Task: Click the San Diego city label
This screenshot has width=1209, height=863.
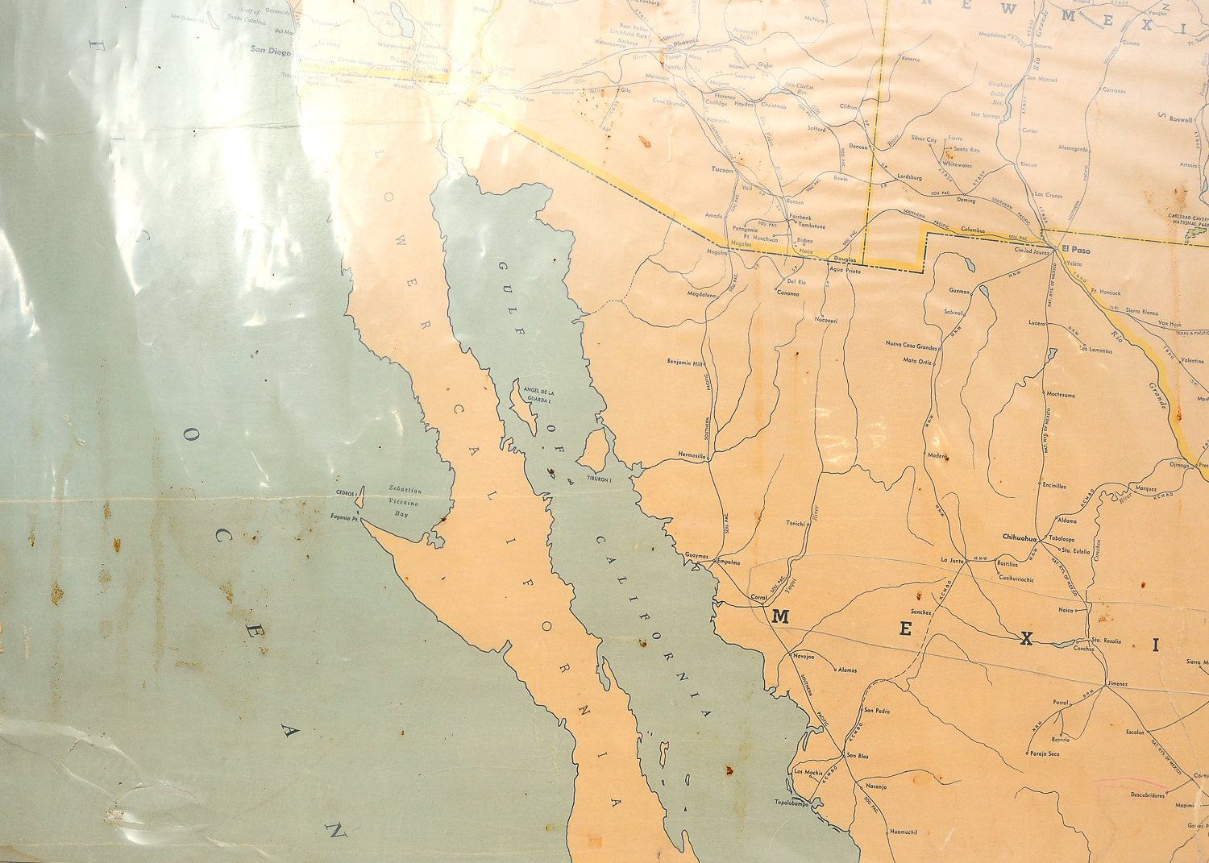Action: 269,50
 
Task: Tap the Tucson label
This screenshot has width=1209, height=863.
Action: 722,170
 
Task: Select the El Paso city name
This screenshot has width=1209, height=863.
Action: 1075,250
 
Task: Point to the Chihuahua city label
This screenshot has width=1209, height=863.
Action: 1019,537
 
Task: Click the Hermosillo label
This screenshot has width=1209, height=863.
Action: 692,455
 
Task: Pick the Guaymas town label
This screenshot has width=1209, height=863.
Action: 696,556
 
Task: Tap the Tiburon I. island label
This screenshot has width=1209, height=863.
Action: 600,479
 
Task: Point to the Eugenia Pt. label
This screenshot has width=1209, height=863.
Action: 345,517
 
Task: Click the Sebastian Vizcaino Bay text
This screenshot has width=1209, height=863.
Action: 405,500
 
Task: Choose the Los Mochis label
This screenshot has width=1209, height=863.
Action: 808,772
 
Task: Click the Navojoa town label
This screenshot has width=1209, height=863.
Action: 804,656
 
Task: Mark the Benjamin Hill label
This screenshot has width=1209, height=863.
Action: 685,363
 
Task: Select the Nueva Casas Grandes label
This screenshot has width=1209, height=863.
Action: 912,346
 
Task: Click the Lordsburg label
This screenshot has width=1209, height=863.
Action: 909,177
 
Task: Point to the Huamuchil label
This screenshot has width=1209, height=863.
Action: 903,832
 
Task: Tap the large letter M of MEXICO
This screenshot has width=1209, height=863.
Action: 780,617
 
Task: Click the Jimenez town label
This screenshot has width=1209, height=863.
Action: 1117,684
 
